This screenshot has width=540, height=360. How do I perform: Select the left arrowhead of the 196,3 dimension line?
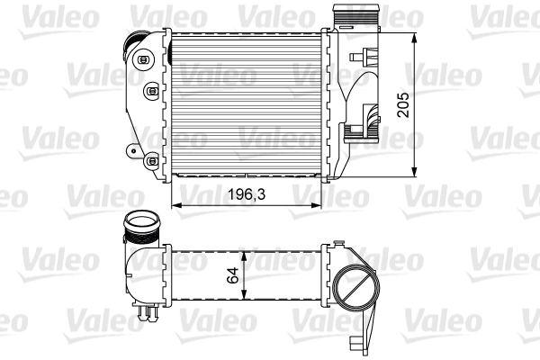175,205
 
